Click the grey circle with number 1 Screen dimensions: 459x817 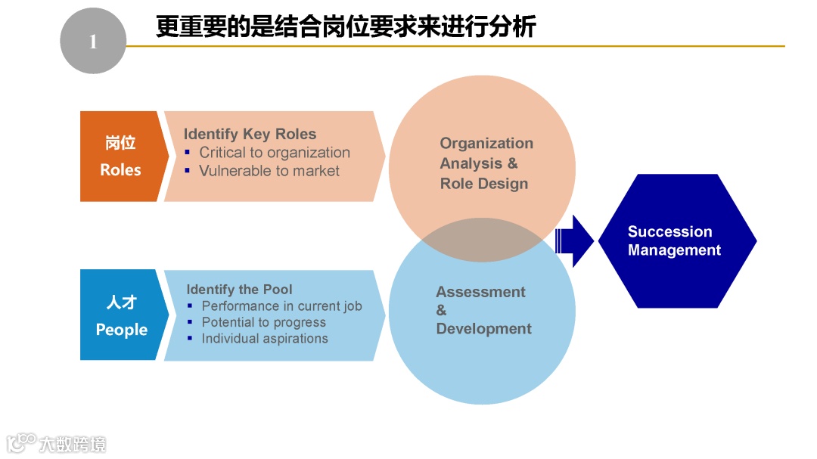92,42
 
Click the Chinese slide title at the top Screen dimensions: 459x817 346,26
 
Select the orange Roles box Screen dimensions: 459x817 120,157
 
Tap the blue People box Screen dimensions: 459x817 121,315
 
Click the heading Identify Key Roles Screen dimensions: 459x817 250,135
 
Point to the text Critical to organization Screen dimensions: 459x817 274,153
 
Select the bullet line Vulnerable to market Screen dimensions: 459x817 269,171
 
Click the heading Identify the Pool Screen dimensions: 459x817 239,290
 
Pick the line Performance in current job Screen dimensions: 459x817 281,306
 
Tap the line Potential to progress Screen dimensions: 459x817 263,322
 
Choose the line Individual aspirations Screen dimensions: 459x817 264,339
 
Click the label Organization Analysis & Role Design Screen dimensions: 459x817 486,163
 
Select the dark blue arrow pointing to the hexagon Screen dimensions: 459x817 575,240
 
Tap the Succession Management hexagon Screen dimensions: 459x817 676,241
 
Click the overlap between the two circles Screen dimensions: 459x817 482,240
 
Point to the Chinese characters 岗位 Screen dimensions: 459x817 120,144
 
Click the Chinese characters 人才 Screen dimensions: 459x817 121,303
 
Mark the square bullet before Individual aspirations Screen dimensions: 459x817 190,339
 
